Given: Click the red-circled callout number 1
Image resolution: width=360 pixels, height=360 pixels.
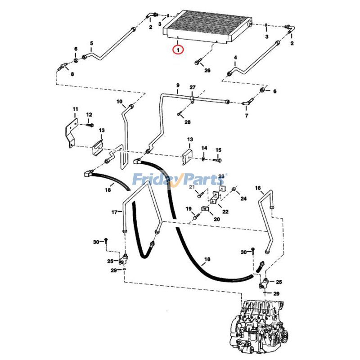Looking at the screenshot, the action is (x=179, y=49).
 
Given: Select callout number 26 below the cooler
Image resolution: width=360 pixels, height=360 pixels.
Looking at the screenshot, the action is (x=207, y=71).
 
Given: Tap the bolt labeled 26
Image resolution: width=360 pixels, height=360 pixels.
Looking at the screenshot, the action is (x=199, y=62).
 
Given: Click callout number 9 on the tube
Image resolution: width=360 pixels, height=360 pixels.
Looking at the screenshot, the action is (x=178, y=85).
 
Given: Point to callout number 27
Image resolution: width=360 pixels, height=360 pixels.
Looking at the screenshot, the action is (x=192, y=87).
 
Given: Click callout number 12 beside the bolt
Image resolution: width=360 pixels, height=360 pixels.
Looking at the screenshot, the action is (x=89, y=115).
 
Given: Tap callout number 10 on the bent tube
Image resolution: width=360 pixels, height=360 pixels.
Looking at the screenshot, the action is (x=120, y=102).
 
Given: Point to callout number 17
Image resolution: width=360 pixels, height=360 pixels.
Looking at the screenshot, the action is (x=115, y=211).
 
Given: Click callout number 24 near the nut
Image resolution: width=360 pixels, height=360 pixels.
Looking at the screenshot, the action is (x=243, y=198).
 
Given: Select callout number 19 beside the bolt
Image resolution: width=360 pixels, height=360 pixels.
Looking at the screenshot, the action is (x=189, y=208).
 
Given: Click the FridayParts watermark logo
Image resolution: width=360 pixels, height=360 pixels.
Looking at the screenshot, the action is (x=180, y=180).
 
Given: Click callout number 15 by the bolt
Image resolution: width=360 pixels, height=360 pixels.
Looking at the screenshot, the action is (x=218, y=150).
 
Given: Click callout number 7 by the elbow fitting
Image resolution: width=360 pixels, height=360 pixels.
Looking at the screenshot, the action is (x=246, y=116).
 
